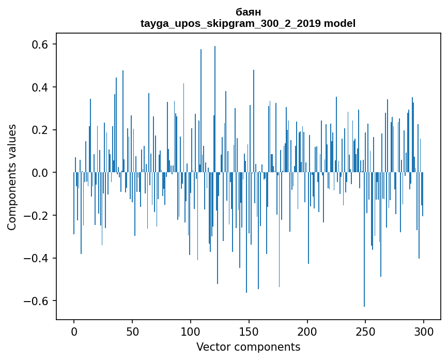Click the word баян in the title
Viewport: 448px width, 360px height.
[x=248, y=12]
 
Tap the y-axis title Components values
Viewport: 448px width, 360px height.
[x=12, y=177]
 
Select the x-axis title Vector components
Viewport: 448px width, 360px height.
[x=248, y=347]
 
